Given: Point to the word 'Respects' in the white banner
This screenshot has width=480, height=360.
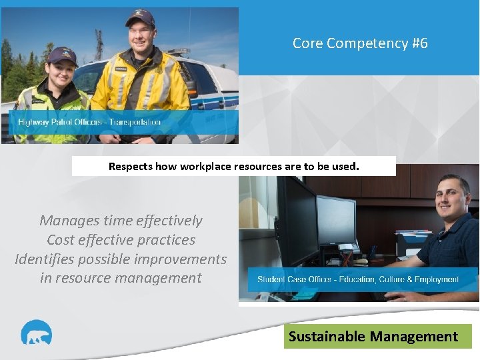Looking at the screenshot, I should (x=130, y=166).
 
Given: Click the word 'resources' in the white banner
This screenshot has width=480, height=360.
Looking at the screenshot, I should (x=258, y=166).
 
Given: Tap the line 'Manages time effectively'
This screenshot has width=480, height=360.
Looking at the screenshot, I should (x=121, y=220).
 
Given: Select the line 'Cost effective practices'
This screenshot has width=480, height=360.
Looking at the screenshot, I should (x=121, y=239).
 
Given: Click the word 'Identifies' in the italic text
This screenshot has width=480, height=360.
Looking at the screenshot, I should (x=45, y=259).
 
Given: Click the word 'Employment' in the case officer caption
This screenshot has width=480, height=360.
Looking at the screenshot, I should (x=435, y=279).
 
